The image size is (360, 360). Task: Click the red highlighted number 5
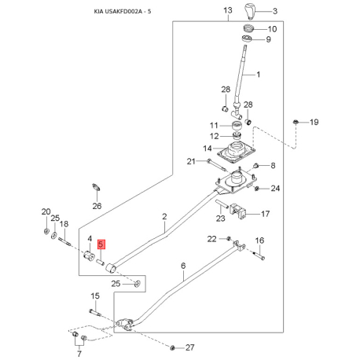click(101, 244)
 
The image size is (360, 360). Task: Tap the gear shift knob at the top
click(250, 11)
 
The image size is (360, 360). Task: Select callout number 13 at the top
click(228, 10)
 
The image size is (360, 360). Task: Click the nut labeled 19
click(296, 122)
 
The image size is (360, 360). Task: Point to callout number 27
click(190, 347)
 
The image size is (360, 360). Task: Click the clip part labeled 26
click(96, 188)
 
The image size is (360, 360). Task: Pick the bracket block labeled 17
click(238, 211)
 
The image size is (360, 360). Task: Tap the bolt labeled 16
click(259, 255)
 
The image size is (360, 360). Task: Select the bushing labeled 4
click(89, 255)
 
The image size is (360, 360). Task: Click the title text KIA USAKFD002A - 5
click(123, 12)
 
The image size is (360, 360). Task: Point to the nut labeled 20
click(46, 231)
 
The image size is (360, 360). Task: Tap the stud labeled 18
click(64, 241)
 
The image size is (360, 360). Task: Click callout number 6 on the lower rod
click(183, 266)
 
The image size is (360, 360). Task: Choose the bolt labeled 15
click(95, 312)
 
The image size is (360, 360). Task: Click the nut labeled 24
click(257, 188)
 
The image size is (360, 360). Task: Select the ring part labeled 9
click(247, 39)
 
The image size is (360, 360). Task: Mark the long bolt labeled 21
click(216, 164)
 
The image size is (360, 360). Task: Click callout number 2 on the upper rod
click(164, 216)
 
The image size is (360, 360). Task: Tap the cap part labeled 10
click(248, 28)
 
